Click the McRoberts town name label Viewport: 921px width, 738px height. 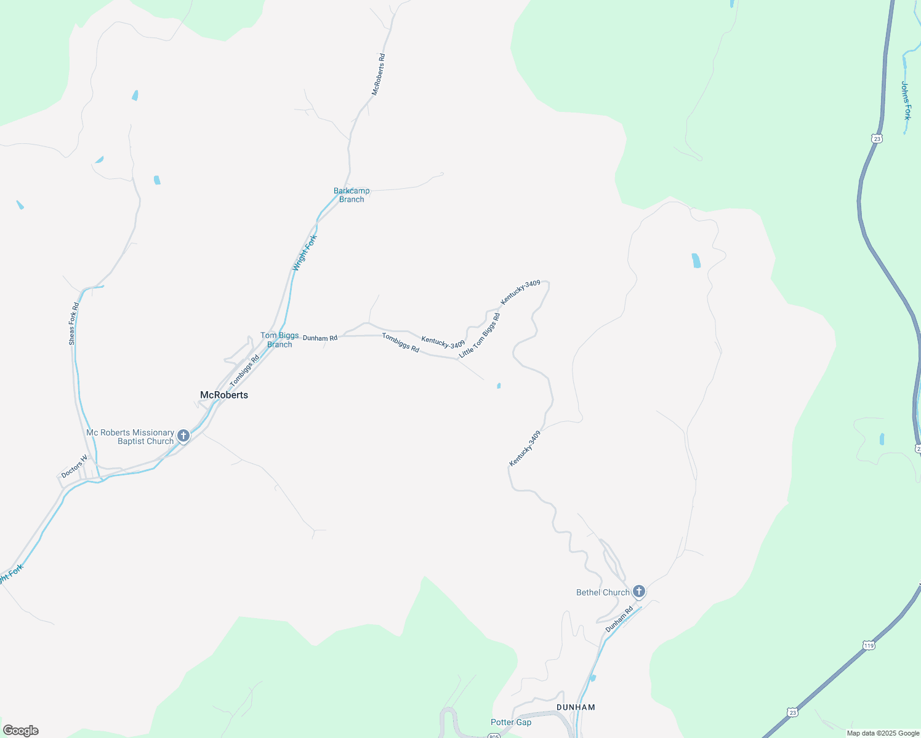pos(224,395)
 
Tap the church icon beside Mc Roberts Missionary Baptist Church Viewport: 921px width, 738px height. pos(183,436)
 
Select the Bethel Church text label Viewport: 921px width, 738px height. pos(603,592)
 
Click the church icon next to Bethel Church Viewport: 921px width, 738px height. pos(639,592)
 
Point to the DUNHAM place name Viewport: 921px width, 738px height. pos(576,707)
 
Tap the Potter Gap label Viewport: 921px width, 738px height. pos(511,722)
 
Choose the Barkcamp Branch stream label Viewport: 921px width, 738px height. pos(352,195)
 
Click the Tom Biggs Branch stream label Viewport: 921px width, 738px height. pos(280,340)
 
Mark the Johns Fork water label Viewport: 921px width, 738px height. pos(906,100)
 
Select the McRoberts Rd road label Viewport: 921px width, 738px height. pos(379,74)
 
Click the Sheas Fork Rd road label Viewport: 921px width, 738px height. pos(74,323)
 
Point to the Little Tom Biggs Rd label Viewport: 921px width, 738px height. pos(480,336)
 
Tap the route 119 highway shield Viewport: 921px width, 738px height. pos(869,645)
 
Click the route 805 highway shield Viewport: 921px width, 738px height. pos(494,736)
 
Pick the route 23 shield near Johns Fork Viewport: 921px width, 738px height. pos(877,138)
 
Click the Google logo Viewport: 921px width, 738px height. pos(20,731)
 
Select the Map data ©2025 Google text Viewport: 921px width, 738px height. pos(883,733)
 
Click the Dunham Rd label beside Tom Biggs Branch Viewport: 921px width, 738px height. pos(320,338)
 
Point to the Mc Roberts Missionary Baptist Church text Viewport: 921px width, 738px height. pos(131,437)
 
